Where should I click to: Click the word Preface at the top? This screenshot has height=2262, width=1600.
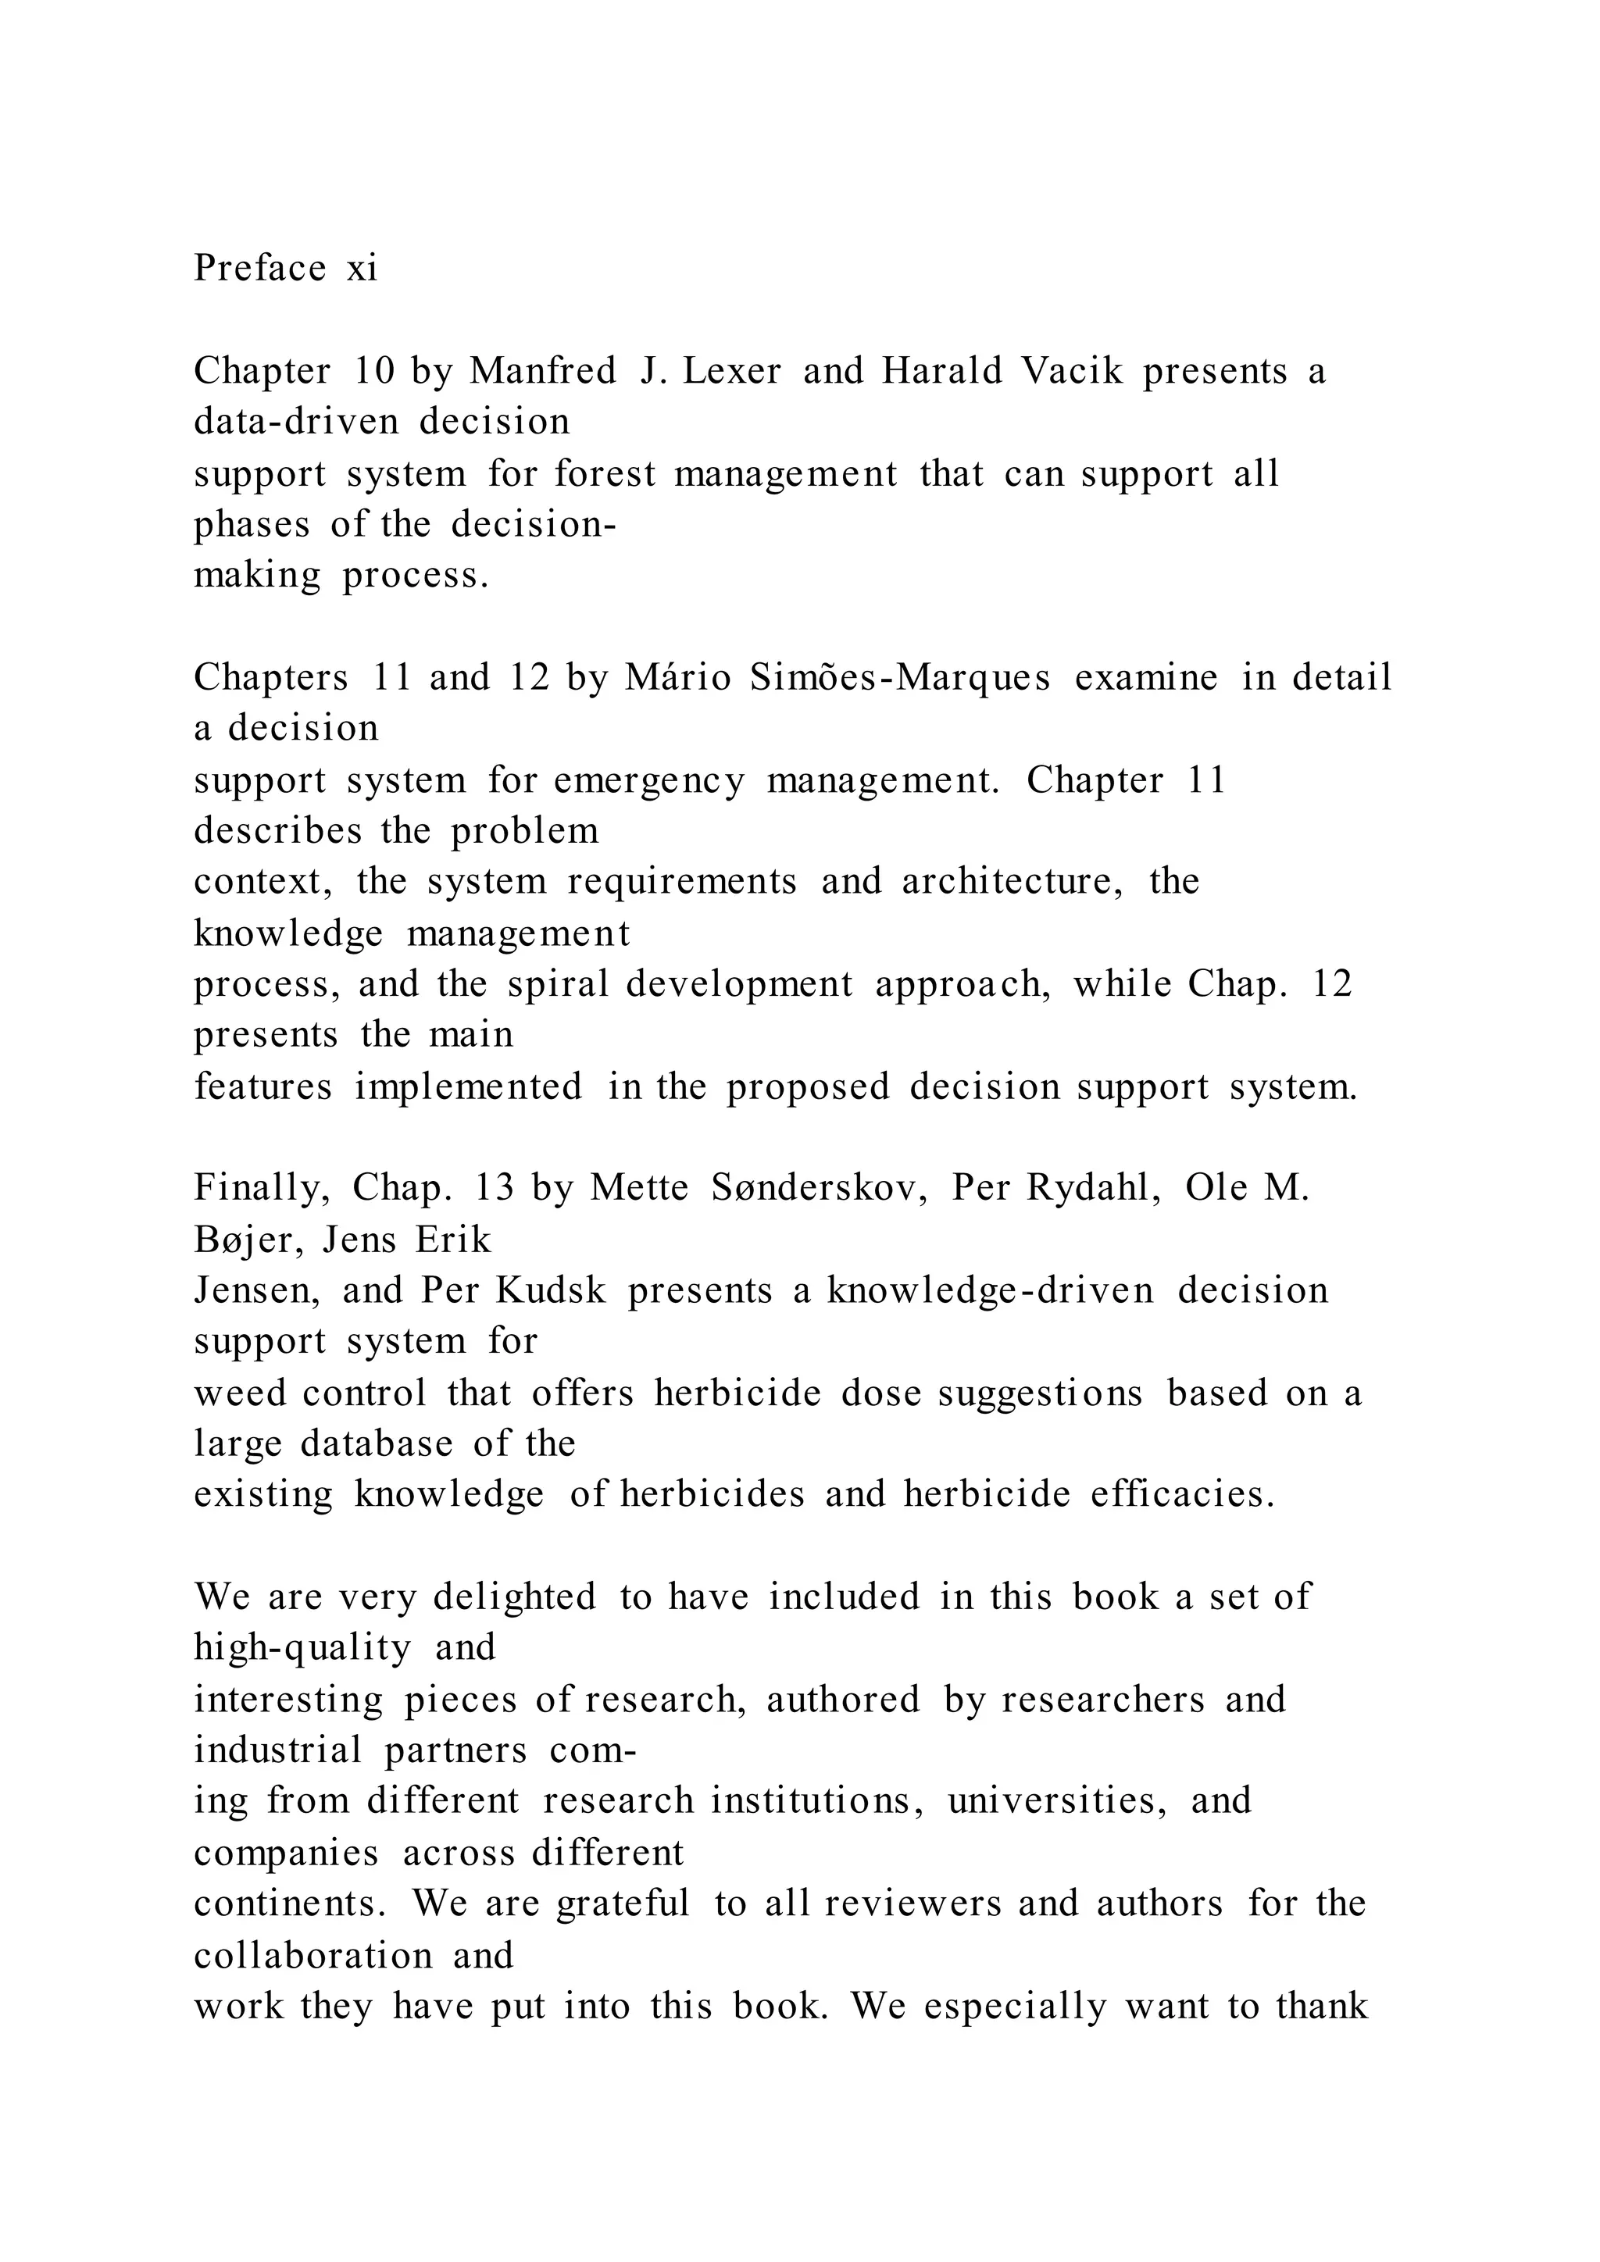260,268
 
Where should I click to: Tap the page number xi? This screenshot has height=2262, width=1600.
362,268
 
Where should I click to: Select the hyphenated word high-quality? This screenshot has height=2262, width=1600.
302,1647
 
